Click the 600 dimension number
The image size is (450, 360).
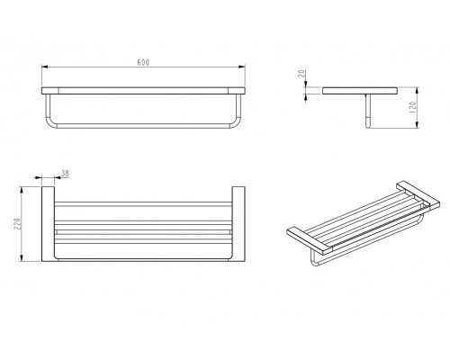pos(143,62)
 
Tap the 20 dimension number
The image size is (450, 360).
pos(302,74)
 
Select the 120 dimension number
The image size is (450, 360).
pos(412,107)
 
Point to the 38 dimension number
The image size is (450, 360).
pos(65,173)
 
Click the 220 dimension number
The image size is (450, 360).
pos(17,223)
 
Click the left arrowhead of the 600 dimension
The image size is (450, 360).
pos(45,67)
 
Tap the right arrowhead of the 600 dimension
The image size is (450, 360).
pos(242,67)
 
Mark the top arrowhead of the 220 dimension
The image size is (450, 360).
pos(22,190)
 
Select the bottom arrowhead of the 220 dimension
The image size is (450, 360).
pos(22,257)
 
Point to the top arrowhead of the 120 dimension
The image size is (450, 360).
pos(417,91)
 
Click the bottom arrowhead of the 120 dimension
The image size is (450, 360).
pos(417,124)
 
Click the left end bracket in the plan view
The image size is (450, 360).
pos(48,224)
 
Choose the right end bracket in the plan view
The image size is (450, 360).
pos(238,224)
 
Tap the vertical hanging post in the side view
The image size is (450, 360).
pos(368,111)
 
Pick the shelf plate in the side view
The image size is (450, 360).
pos(361,91)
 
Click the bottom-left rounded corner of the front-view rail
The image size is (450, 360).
pos(49,124)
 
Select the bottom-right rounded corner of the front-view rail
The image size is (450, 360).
pos(237,124)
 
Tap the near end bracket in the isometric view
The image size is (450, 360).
pos(310,239)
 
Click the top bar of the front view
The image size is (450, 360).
pos(143,91)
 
